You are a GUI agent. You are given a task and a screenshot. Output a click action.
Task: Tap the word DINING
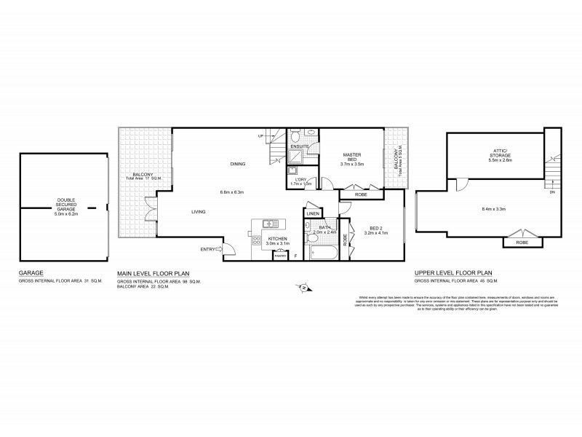[237, 163]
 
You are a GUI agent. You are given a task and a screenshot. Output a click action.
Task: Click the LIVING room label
[198, 212]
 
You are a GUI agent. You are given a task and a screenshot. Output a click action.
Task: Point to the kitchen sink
[270, 223]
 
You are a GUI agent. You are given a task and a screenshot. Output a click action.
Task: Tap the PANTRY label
[280, 255]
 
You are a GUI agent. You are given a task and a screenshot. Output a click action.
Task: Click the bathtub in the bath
[322, 254]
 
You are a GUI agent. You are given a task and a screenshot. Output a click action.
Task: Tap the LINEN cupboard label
[313, 214]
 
